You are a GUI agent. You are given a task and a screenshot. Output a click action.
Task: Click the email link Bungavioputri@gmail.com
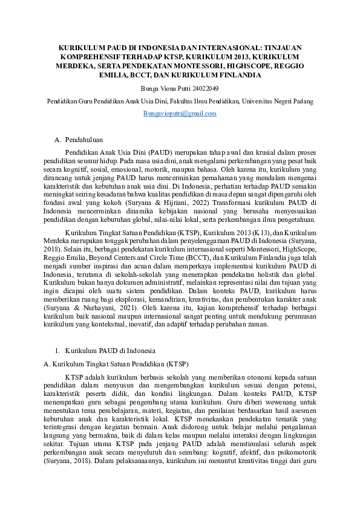(x=180, y=113)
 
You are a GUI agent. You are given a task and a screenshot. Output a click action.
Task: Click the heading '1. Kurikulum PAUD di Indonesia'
(x=105, y=351)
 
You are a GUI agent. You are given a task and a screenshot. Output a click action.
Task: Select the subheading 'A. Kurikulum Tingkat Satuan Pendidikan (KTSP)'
(x=116, y=365)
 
